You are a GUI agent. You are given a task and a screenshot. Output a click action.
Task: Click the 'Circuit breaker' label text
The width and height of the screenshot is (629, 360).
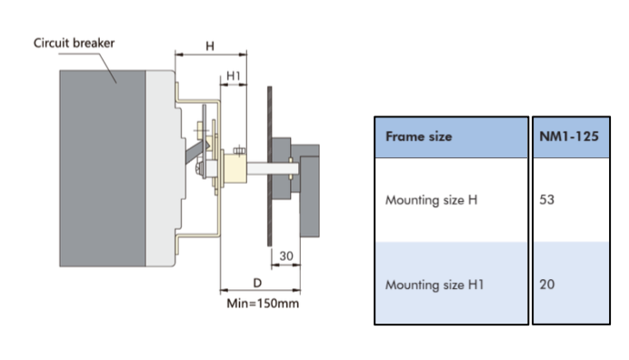point(74,43)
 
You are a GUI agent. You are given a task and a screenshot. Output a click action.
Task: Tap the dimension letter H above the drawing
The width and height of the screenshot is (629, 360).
point(210,46)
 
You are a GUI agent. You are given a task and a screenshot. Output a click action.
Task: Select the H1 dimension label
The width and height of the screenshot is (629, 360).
point(234,75)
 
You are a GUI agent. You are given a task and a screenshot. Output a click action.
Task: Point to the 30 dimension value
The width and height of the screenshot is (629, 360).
point(286,255)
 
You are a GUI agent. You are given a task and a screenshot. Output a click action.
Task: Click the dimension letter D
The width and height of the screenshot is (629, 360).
point(257,283)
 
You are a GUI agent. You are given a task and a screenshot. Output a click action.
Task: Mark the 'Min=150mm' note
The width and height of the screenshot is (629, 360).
point(263,304)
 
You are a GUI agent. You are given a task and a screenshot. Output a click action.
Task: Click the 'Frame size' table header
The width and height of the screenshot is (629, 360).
point(418,136)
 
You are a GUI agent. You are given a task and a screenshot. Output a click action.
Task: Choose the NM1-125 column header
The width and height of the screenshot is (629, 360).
point(569,136)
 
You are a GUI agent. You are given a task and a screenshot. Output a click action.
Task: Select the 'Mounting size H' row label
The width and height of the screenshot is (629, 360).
point(431,200)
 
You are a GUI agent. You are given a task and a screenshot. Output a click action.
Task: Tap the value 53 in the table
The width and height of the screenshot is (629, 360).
point(547,199)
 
